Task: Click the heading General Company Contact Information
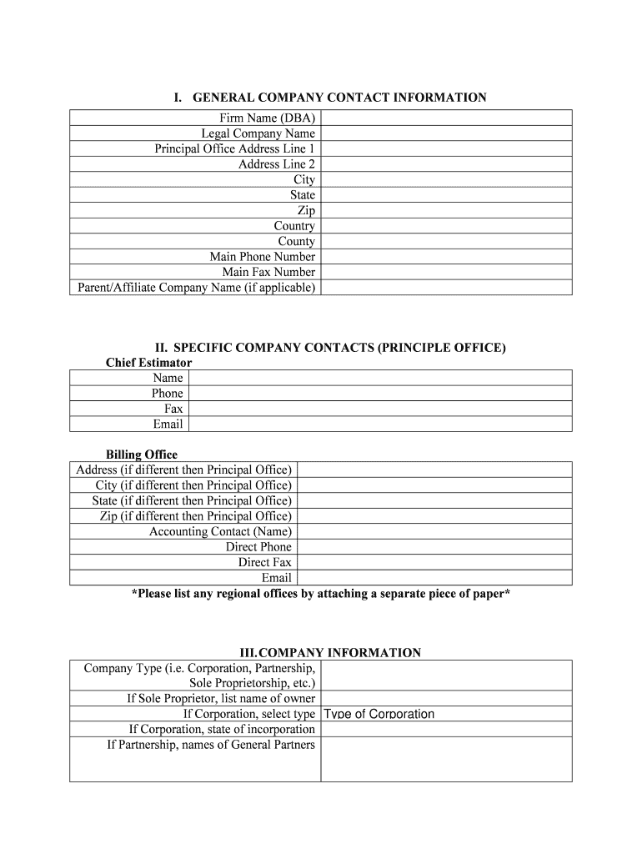point(329,98)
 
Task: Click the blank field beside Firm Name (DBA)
point(445,118)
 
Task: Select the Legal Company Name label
point(258,133)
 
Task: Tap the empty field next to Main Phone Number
point(445,257)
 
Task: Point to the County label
point(296,242)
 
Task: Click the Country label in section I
point(294,226)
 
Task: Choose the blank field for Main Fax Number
point(445,273)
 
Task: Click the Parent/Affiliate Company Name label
point(195,288)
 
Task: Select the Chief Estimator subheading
point(148,363)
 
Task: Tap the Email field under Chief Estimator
point(380,424)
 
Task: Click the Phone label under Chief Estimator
point(167,394)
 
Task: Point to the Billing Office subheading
point(141,455)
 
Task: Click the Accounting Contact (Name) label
point(220,531)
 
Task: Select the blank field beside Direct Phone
point(434,547)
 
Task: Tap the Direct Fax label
point(264,562)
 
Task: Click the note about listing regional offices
point(321,594)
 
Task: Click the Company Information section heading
point(329,653)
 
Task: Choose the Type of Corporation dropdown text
point(379,714)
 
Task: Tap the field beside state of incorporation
point(445,730)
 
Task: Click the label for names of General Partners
point(211,745)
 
